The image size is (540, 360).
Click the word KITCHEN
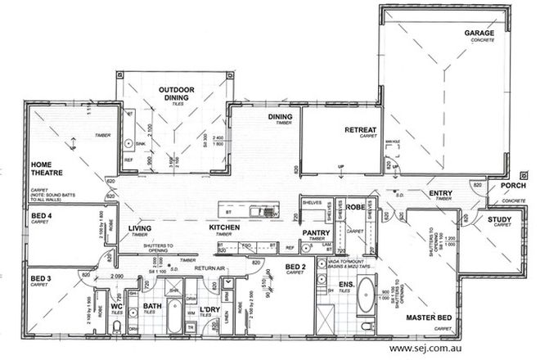(223, 227)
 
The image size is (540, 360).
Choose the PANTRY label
(315, 232)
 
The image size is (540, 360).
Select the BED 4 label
(41, 216)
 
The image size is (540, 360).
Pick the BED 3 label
(41, 278)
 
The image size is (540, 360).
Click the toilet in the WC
(119, 329)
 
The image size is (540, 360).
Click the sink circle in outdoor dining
(128, 143)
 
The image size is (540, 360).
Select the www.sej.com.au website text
(434, 348)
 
